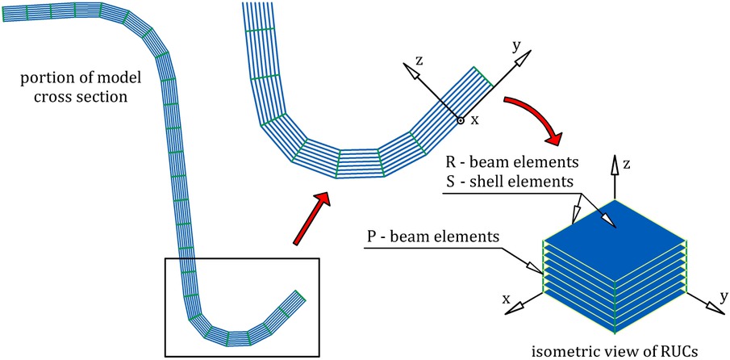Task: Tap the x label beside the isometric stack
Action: pyautogui.click(x=507, y=299)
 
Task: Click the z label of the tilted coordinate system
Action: pyautogui.click(x=419, y=61)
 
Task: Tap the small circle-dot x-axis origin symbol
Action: pyautogui.click(x=461, y=120)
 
